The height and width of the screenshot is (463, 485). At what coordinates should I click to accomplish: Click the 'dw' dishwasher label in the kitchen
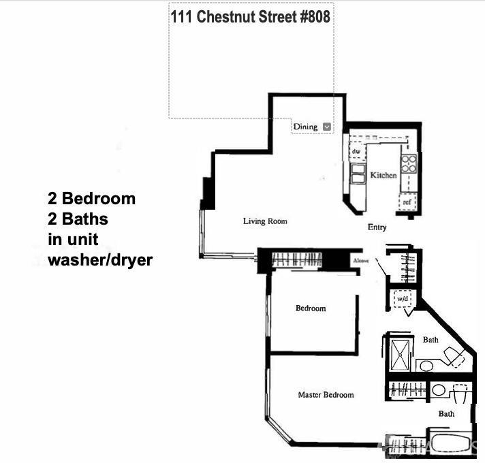356,151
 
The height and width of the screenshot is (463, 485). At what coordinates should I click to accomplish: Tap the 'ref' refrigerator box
407,202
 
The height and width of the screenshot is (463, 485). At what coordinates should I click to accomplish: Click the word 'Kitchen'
383,176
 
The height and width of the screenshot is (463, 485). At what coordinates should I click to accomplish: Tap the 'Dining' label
305,127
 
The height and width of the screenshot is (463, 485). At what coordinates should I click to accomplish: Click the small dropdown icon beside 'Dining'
327,127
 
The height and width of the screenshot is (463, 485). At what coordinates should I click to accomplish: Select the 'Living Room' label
265,221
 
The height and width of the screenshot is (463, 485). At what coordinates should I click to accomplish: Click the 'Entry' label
377,227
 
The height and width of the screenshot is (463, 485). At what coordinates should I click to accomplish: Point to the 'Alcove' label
361,261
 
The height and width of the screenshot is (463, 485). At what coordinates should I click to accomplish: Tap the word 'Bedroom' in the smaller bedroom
311,308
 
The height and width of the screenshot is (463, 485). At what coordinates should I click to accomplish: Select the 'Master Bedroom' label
326,395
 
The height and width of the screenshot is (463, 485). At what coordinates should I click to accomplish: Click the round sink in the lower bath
439,389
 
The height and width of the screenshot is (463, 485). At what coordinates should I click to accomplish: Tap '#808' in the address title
313,17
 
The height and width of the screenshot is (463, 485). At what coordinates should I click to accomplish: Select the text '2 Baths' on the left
78,219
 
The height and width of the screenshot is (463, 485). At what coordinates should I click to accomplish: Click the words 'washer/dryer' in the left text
100,259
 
